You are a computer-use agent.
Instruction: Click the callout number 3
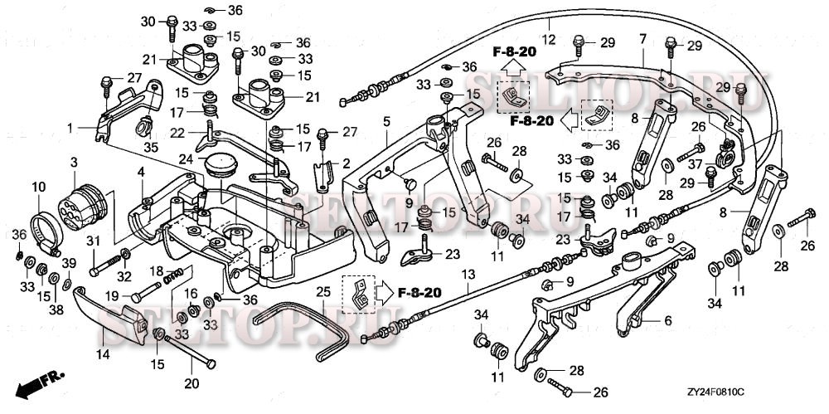pos(74,160)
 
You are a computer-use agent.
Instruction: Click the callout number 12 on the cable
pos(547,38)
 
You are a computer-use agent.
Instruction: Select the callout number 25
pos(322,291)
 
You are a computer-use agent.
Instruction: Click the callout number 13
pos(468,275)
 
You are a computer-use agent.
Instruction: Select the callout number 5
pos(386,121)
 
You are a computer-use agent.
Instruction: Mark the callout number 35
pos(149,147)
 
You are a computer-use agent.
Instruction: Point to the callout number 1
pos(70,128)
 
